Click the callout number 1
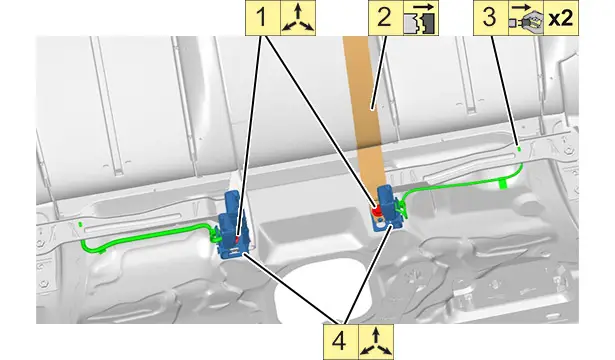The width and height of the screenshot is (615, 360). click(x=262, y=18)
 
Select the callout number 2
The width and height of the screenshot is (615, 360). click(x=385, y=18)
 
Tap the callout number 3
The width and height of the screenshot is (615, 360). click(x=490, y=18)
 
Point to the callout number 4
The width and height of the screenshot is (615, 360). click(x=340, y=341)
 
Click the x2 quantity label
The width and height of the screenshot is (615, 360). click(x=561, y=18)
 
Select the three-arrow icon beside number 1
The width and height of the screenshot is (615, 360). click(x=298, y=18)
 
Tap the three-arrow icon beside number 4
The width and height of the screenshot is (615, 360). click(x=376, y=341)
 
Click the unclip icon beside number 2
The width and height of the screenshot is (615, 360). click(x=420, y=18)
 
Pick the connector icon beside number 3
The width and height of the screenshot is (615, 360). click(x=526, y=18)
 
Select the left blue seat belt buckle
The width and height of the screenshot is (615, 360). click(x=233, y=225)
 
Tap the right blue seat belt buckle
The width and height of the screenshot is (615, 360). click(x=388, y=208)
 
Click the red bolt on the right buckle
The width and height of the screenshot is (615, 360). click(x=377, y=211)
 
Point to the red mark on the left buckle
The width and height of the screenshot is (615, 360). click(x=237, y=238)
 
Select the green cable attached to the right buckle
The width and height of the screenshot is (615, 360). click(x=463, y=184)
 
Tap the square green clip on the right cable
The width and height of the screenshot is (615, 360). click(x=503, y=184)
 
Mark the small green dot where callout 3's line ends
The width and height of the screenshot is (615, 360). click(x=519, y=149)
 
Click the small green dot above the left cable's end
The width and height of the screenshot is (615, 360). click(x=80, y=224)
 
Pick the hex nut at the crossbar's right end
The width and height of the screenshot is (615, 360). click(x=568, y=151)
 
